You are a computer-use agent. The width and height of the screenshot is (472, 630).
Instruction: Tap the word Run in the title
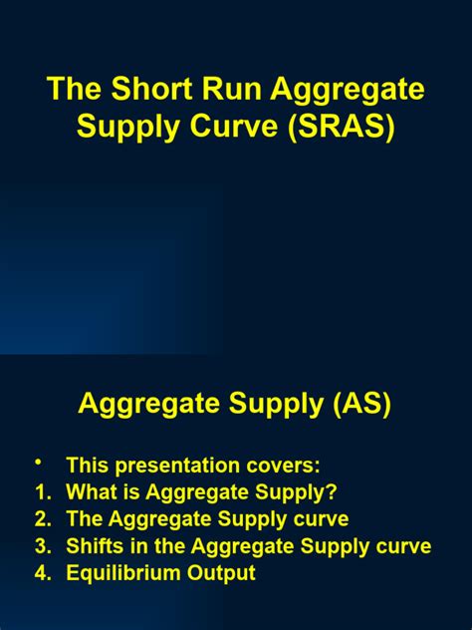point(236,90)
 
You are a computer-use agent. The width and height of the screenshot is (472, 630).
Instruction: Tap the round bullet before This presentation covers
point(39,463)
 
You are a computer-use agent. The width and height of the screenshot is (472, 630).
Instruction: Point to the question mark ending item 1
point(332,491)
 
